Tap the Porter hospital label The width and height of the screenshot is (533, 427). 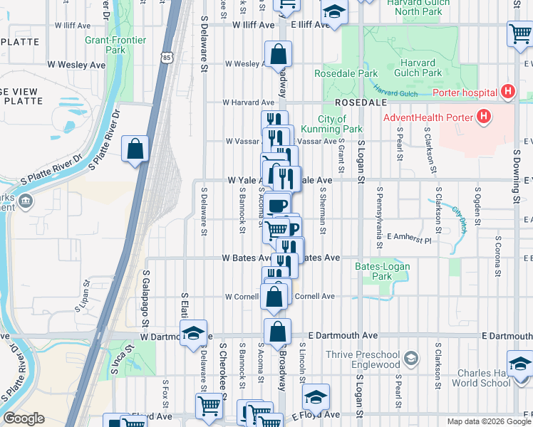tap(464, 93)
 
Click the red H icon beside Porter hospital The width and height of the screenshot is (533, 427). tap(507, 92)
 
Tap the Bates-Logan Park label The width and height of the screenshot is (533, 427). tap(373, 271)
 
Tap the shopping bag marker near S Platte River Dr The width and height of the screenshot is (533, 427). tap(135, 149)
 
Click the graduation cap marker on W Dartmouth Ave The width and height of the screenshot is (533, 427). tap(192, 333)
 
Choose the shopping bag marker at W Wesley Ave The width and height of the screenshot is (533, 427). tap(277, 55)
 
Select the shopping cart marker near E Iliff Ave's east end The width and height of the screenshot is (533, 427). tap(519, 34)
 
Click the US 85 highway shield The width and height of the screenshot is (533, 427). tap(167, 57)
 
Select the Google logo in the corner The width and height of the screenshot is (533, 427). tap(25, 418)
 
